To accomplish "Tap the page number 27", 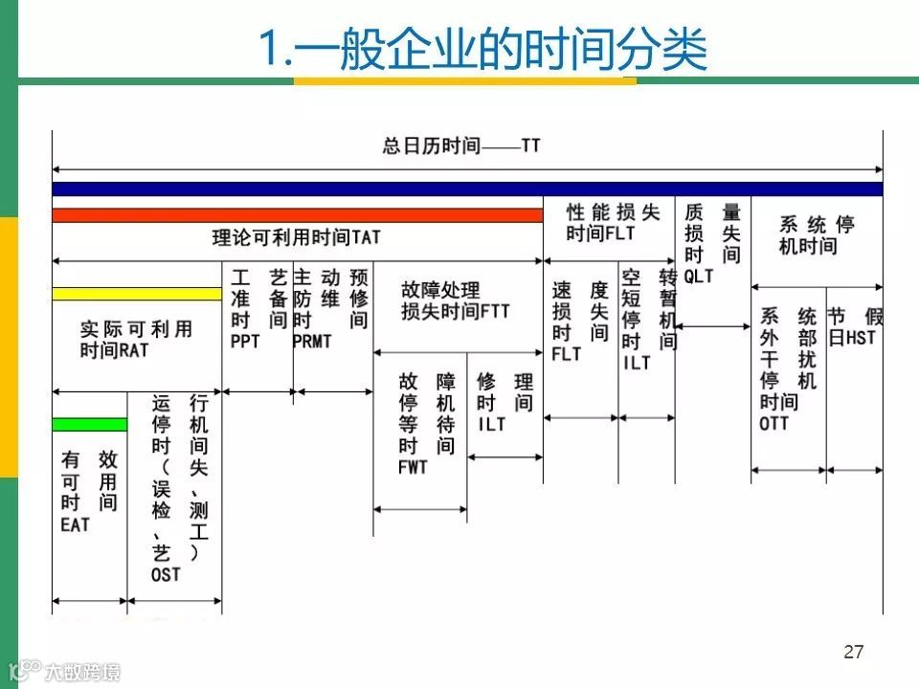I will pyautogui.click(x=854, y=653).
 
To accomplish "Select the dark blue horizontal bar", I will pyautogui.click(x=467, y=189).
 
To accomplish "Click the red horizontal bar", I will pyautogui.click(x=297, y=215).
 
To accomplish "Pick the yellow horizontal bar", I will pyautogui.click(x=136, y=294).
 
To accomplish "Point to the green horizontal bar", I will pyautogui.click(x=89, y=424).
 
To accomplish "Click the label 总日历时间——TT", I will pyautogui.click(x=461, y=146).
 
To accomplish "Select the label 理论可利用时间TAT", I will pyautogui.click(x=297, y=236).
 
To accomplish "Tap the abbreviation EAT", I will pyautogui.click(x=75, y=524).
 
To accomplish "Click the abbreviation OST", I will pyautogui.click(x=166, y=574).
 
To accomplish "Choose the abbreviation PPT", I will pyautogui.click(x=245, y=342).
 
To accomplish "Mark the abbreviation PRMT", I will pyautogui.click(x=312, y=342).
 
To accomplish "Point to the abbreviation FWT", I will pyautogui.click(x=413, y=468).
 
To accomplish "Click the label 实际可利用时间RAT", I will pyautogui.click(x=136, y=340).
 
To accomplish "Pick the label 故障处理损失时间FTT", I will pyautogui.click(x=455, y=300).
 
